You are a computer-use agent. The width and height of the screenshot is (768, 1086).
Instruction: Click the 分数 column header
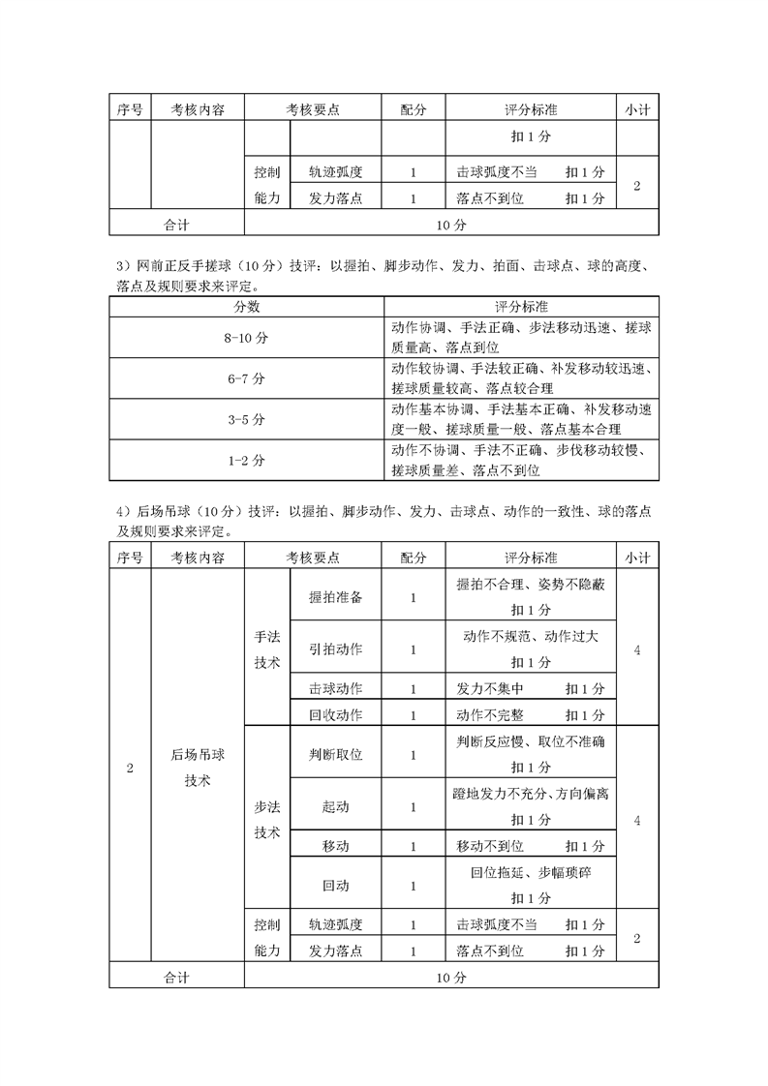tap(246, 306)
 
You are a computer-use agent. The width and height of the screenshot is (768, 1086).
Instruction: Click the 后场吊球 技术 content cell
tap(198, 768)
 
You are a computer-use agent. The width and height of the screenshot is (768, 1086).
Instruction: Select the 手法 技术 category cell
tap(267, 650)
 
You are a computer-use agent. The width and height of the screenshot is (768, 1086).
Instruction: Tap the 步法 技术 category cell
tap(267, 819)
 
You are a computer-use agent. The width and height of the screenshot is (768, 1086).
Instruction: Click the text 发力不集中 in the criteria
tap(489, 688)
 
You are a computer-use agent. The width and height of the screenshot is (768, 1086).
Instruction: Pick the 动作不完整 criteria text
tap(489, 714)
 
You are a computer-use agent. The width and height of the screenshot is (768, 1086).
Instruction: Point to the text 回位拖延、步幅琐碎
tap(531, 872)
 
